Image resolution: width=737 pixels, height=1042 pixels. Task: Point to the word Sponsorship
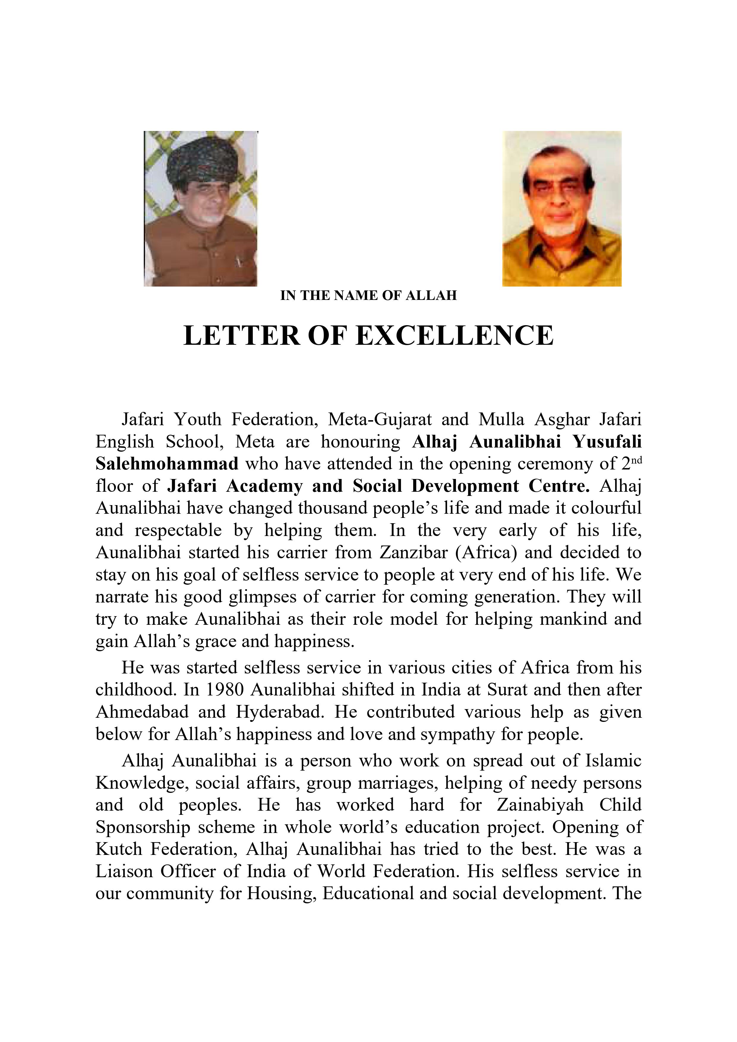point(143,827)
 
